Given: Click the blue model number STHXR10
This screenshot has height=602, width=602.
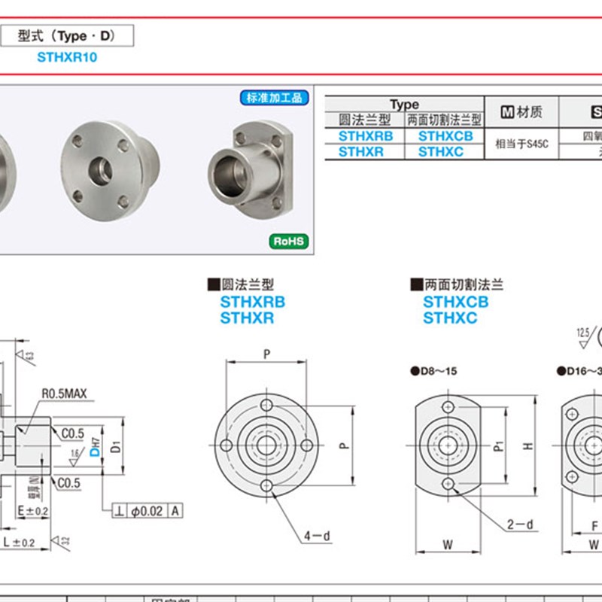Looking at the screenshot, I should pyautogui.click(x=67, y=57).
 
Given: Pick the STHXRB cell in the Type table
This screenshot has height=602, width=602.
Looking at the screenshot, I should pyautogui.click(x=365, y=136).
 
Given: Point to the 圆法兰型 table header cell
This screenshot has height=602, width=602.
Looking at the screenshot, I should pyautogui.click(x=365, y=120).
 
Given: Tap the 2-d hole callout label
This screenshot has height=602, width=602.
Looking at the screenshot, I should pyautogui.click(x=519, y=524).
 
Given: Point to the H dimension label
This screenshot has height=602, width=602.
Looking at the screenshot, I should pyautogui.click(x=528, y=445).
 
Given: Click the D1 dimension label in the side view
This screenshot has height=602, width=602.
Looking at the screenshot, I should pyautogui.click(x=115, y=448).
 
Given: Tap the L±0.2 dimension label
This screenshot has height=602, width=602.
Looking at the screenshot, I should pyautogui.click(x=17, y=542).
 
